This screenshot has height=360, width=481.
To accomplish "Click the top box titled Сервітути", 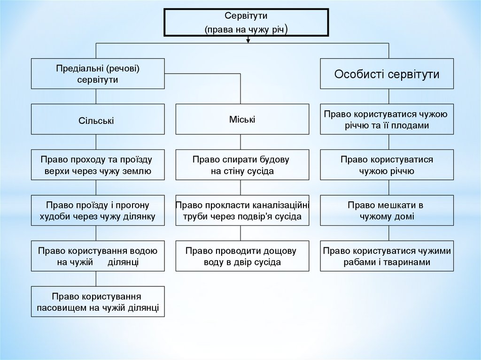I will pyautogui.click(x=246, y=22).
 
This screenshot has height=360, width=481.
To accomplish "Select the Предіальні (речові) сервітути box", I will pyautogui.click(x=98, y=74).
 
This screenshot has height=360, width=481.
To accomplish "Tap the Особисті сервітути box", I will pyautogui.click(x=387, y=74).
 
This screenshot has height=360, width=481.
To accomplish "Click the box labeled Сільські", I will pyautogui.click(x=98, y=121).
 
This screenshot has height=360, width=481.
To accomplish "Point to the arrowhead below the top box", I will pyautogui.click(x=248, y=40).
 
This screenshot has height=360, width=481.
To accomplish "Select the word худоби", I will pyautogui.click(x=56, y=216).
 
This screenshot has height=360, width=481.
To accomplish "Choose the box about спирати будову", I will pyautogui.click(x=242, y=165).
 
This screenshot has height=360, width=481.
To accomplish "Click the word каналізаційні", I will pyautogui.click(x=279, y=205).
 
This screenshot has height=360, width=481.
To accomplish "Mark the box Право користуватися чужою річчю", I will pyautogui.click(x=387, y=165).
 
